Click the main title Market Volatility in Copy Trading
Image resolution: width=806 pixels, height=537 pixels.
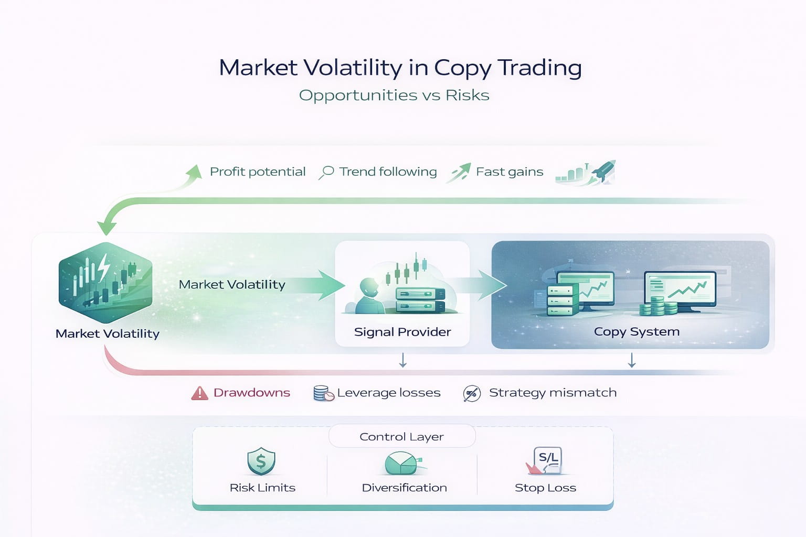pyautogui.click(x=400, y=68)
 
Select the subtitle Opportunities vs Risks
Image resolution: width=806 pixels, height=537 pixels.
pyautogui.click(x=394, y=95)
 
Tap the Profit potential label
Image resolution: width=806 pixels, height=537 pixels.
pyautogui.click(x=258, y=172)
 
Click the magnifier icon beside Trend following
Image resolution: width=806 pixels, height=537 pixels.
pyautogui.click(x=326, y=172)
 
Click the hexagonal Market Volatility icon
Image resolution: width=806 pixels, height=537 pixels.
pyautogui.click(x=105, y=282)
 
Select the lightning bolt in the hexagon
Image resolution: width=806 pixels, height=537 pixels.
pyautogui.click(x=103, y=267)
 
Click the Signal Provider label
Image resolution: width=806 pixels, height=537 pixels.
pyautogui.click(x=402, y=332)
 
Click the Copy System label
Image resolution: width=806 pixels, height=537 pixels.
pyautogui.click(x=637, y=331)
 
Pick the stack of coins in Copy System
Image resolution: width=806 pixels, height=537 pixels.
pyautogui.click(x=658, y=306)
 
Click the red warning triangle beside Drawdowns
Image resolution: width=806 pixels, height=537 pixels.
pyautogui.click(x=200, y=393)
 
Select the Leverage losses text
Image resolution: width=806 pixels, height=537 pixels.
pyautogui.click(x=389, y=393)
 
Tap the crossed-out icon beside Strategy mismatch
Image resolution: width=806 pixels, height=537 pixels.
pyautogui.click(x=472, y=393)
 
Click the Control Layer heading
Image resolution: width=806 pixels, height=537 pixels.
pyautogui.click(x=401, y=437)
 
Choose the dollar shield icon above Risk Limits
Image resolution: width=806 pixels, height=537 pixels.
pyautogui.click(x=261, y=461)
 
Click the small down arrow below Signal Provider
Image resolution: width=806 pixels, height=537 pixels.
pyautogui.click(x=403, y=360)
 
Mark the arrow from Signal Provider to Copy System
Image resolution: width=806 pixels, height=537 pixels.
pyautogui.click(x=475, y=285)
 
